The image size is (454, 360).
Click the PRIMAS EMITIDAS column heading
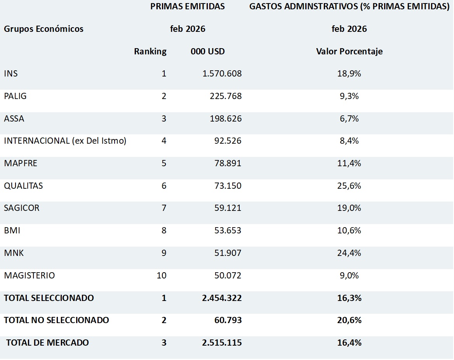click(x=188, y=7)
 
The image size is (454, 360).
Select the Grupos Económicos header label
click(x=43, y=29)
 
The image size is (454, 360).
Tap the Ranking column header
click(x=150, y=51)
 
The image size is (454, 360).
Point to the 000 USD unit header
click(x=207, y=51)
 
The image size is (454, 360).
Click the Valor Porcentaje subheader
click(x=349, y=51)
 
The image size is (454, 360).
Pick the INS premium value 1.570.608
click(x=222, y=74)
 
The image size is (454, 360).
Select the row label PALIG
click(x=15, y=96)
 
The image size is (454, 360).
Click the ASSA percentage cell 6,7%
click(x=349, y=118)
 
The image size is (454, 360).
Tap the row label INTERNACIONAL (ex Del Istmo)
click(x=65, y=141)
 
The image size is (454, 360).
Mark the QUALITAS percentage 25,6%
click(x=349, y=186)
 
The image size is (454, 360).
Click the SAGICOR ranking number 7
click(x=164, y=208)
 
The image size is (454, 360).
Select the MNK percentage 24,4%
click(x=349, y=253)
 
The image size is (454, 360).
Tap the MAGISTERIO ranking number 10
click(x=161, y=276)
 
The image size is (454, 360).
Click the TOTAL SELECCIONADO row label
click(x=49, y=298)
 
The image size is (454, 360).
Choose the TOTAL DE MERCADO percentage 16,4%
click(x=349, y=343)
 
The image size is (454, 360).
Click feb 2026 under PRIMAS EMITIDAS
click(x=188, y=29)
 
